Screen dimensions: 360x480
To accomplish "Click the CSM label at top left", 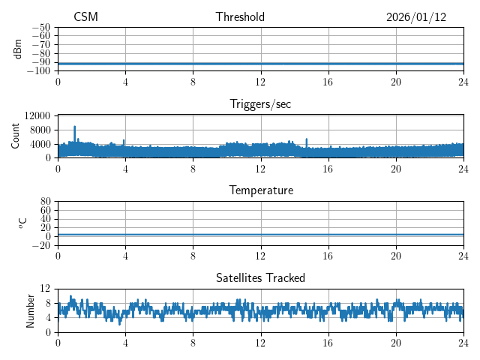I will click(85, 17).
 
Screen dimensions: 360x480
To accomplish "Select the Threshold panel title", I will click(240, 17).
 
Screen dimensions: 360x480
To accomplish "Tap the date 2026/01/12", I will click(416, 17).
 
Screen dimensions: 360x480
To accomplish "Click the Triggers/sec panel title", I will click(260, 104).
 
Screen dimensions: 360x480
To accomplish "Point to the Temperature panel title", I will click(260, 191).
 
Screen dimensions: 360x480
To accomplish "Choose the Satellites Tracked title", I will click(260, 278).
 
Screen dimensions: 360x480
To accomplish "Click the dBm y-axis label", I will click(17, 49).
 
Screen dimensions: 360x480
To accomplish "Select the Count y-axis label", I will click(16, 136).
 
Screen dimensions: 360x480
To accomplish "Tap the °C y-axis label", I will click(22, 223).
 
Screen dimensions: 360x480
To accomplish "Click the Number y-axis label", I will click(31, 310).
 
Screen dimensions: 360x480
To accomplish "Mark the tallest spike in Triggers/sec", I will click(75, 127).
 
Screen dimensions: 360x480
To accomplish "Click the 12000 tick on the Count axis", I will click(37, 115).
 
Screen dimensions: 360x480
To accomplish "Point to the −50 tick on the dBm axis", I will click(41, 28).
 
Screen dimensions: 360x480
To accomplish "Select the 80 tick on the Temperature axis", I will click(45, 202).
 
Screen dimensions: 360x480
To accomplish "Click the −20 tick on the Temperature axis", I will click(41, 245).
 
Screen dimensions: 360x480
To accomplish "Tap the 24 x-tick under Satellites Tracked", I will click(463, 343).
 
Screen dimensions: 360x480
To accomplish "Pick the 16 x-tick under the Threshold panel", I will click(328, 82).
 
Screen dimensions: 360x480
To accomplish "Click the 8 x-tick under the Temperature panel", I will click(193, 256).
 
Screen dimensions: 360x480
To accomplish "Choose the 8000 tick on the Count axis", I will click(39, 130).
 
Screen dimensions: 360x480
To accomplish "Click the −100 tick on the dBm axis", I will click(39, 71).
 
